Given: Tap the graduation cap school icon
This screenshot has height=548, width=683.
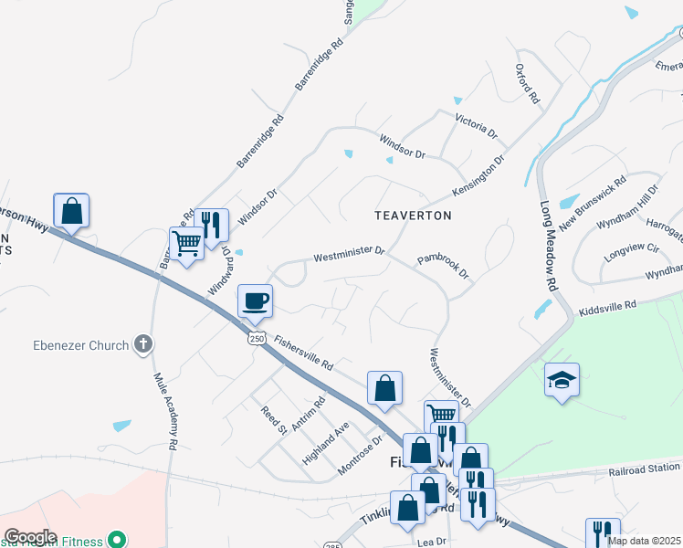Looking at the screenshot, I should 562,381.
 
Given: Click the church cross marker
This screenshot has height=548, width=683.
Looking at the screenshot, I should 142,344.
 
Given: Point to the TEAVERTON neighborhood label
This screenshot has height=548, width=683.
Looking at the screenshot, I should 413,216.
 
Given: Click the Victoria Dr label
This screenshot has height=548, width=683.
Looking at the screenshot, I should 476,125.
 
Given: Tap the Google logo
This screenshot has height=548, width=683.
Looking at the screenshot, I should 30,537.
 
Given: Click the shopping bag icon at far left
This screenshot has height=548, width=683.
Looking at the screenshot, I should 71,211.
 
